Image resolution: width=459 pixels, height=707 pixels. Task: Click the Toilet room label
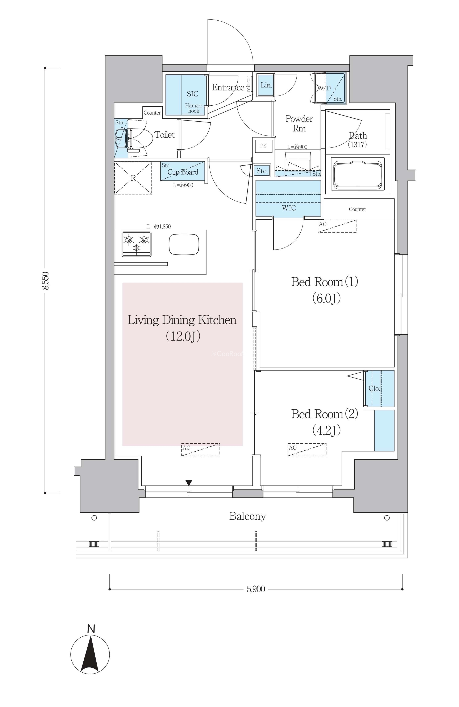(164, 135)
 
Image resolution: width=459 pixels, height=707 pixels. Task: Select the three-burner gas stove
(136, 244)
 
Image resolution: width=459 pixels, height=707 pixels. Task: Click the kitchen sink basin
(184, 244)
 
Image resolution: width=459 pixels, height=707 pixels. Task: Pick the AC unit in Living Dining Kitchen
(201, 450)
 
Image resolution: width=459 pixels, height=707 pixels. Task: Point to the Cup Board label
(183, 172)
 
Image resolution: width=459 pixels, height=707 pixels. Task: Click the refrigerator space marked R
(133, 178)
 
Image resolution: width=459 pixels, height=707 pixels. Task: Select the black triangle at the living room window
(189, 483)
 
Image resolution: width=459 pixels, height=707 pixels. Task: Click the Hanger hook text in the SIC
(194, 108)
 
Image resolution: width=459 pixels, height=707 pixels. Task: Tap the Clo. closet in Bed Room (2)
(379, 388)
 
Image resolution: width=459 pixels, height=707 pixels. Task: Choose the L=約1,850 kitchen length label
(159, 226)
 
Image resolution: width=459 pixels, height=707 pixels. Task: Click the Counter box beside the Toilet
(152, 113)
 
